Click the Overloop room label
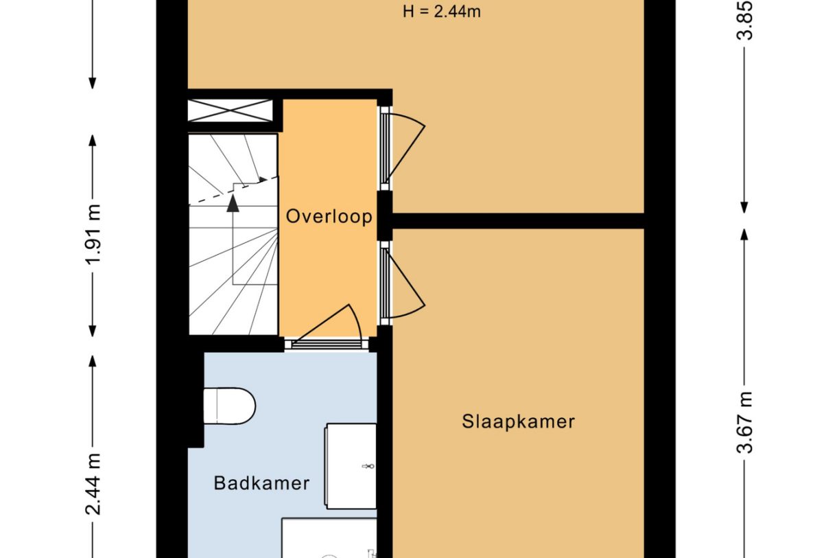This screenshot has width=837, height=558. pos(329,217)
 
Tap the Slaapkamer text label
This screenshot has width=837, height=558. pos(518,421)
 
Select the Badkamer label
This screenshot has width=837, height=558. pos(261,483)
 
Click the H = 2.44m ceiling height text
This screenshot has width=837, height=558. pos(442,12)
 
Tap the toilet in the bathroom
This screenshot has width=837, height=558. pos(230,406)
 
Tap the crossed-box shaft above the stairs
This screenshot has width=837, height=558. pos(230,111)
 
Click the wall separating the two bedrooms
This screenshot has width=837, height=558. pos(518,220)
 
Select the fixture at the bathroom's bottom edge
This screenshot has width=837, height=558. pos(329,538)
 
